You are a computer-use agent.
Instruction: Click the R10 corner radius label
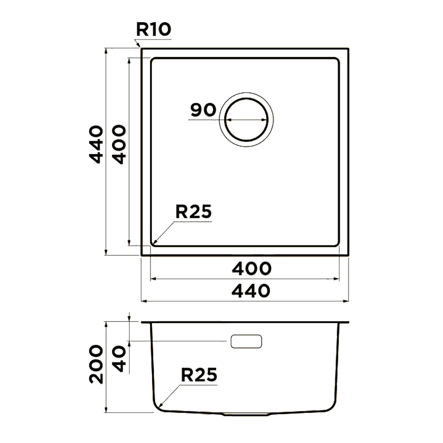click(x=154, y=29)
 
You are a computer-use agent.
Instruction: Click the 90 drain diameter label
click(x=203, y=110)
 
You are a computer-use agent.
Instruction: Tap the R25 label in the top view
click(x=194, y=211)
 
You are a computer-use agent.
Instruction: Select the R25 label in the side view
click(x=199, y=375)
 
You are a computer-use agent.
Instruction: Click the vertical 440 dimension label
click(x=96, y=145)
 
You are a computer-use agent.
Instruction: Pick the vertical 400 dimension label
click(x=119, y=144)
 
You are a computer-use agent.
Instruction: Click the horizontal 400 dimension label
click(x=252, y=269)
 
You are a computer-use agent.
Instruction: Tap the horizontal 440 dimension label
click(x=251, y=291)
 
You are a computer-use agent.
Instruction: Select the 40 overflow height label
click(x=119, y=359)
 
